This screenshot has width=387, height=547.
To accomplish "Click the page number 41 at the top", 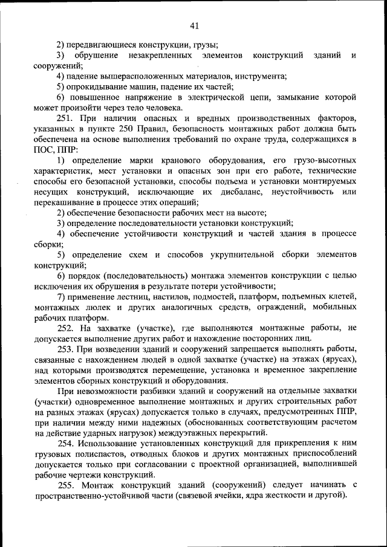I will click(194, 25).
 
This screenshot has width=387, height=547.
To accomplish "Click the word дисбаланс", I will click(238, 191).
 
